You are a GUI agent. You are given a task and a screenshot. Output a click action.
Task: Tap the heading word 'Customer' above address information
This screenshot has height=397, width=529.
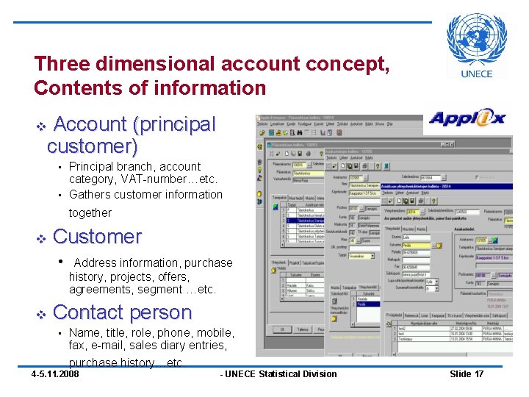coord(97,237)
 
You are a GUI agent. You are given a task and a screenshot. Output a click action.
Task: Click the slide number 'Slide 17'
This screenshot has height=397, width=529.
coord(467,374)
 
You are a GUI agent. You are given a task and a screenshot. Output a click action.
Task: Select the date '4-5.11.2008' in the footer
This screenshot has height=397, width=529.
coord(55,374)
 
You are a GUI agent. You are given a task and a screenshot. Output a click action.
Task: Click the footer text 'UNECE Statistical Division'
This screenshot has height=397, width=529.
coord(281,374)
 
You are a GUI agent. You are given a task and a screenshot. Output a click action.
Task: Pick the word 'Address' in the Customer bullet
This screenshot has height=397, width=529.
coord(96,262)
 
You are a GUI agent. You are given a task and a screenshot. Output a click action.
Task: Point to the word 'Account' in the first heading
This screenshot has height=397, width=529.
coord(91,125)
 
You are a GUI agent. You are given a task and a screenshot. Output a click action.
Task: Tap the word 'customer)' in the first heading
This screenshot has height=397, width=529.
coord(92,146)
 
